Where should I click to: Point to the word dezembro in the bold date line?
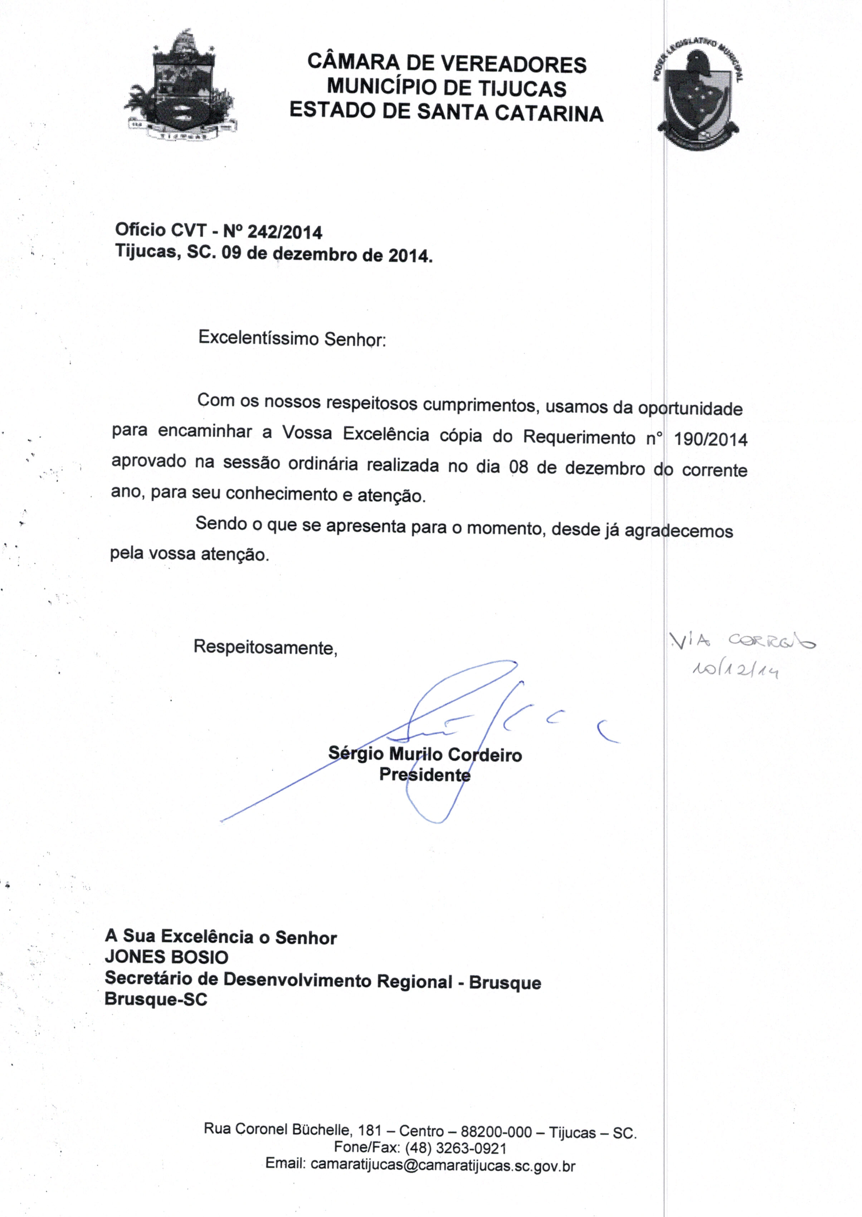(x=315, y=255)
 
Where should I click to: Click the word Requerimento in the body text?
(x=579, y=437)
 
